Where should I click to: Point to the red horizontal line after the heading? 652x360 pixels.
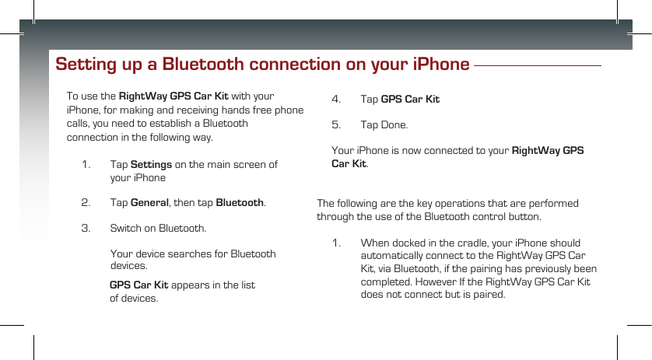538,66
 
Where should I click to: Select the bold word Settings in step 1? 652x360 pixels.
151,165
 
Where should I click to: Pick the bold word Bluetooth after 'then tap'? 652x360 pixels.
239,203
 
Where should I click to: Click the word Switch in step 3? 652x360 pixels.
127,229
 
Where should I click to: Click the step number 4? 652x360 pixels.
335,100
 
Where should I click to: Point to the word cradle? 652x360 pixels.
468,244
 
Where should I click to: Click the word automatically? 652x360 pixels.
395,257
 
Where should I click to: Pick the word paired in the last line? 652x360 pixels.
489,295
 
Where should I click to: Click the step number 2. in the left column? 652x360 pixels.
86,203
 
